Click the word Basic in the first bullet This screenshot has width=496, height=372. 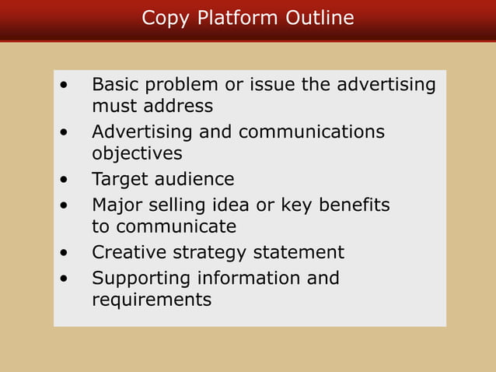[116, 84]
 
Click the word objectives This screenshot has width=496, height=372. [137, 153]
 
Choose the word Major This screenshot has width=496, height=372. [117, 206]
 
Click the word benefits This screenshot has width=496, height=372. [350, 205]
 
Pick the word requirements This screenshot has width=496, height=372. [152, 300]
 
